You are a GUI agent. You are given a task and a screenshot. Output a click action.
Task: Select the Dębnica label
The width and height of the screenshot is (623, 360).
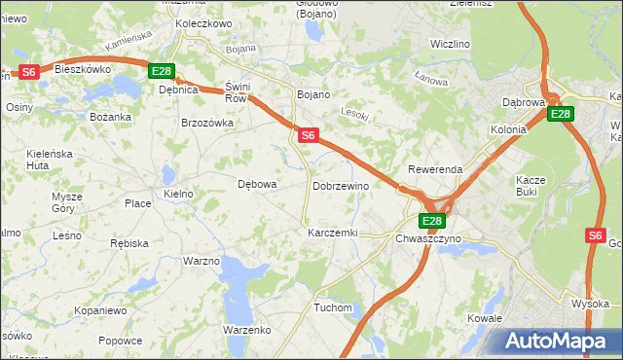click(x=178, y=90)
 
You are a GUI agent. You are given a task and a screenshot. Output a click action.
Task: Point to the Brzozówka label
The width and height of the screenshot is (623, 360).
click(x=207, y=123)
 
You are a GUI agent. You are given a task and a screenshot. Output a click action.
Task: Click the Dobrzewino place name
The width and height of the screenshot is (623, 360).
click(x=341, y=185)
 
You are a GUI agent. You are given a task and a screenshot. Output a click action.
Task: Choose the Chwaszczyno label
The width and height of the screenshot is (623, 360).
click(x=428, y=238)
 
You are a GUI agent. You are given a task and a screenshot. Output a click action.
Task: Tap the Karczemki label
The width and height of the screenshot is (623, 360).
click(x=333, y=234)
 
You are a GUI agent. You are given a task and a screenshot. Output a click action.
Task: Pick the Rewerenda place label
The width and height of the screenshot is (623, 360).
click(x=435, y=169)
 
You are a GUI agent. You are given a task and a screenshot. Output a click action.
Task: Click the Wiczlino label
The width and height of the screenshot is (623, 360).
click(x=450, y=45)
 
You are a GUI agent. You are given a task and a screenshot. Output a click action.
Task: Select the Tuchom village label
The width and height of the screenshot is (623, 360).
click(x=332, y=307)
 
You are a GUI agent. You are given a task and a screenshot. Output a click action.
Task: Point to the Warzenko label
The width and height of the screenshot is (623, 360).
click(x=246, y=331)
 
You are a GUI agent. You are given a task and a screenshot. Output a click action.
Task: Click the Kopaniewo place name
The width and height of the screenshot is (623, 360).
click(x=100, y=310)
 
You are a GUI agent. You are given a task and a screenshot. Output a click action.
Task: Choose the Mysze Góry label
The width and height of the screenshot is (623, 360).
click(x=67, y=202)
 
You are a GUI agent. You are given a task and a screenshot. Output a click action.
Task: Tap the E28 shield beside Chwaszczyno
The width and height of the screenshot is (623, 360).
click(x=433, y=221)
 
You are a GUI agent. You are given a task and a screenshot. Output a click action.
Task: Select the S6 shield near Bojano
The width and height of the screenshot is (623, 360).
click(x=308, y=135)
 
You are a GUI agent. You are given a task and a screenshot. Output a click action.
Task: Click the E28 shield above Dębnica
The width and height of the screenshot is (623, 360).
click(x=161, y=71)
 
